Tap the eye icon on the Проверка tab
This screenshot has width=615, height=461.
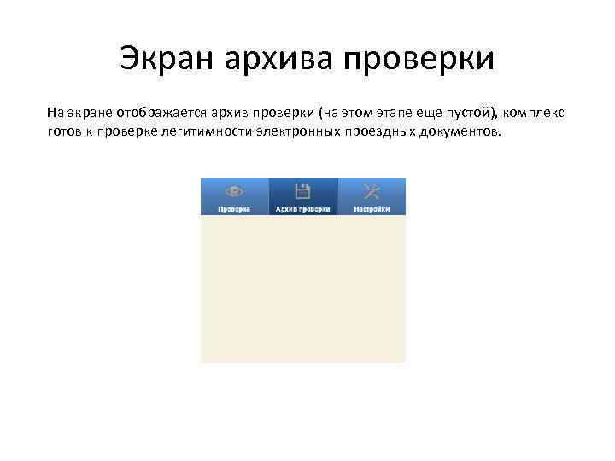233,191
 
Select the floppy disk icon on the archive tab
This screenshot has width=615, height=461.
302,190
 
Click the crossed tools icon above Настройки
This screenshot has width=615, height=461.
372,190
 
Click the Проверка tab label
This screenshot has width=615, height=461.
233,208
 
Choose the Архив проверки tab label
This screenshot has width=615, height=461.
302,208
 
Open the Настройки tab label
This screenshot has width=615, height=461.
372,208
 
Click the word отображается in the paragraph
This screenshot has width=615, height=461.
156,114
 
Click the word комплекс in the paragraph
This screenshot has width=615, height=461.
539,114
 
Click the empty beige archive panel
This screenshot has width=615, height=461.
302,289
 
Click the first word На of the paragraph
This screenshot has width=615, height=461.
54,114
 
